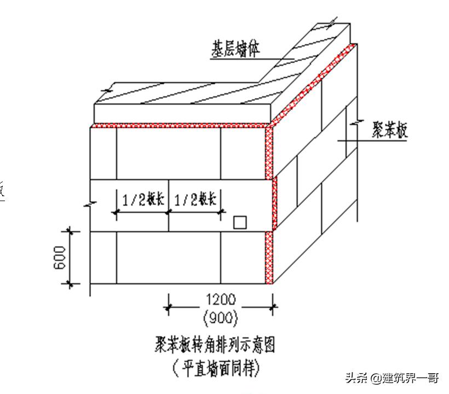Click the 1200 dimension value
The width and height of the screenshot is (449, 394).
coord(221,299)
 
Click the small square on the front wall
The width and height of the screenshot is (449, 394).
coord(239,222)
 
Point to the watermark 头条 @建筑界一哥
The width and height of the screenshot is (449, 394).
coord(392,378)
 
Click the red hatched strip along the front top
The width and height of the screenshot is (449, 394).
coord(181,125)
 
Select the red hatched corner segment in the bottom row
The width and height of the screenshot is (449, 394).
coord(269,258)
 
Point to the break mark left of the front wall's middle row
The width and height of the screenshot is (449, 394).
coord(90,204)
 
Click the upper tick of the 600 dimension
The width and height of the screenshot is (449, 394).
coord(70,231)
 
